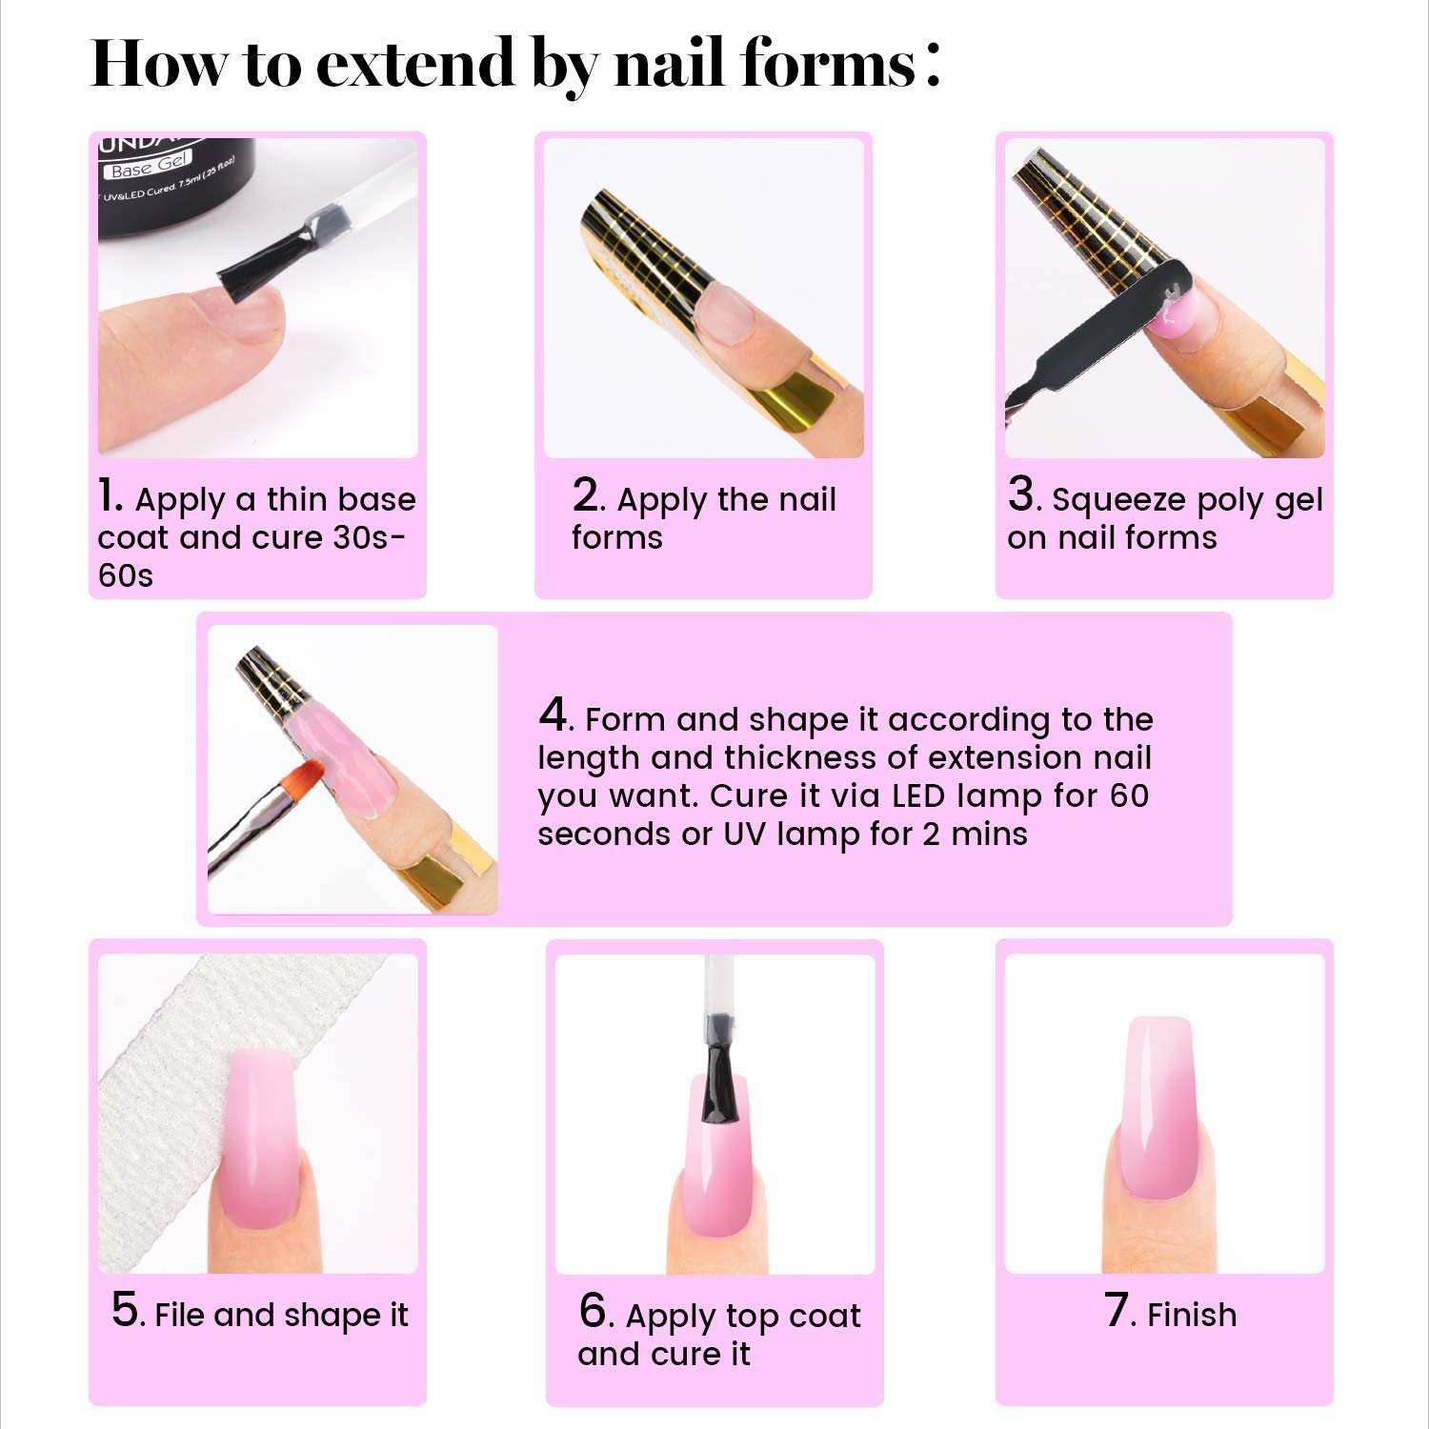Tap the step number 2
coord(587,496)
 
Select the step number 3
coord(1021,496)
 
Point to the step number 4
coord(553,715)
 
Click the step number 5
coord(126,1311)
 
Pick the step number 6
coord(594,1312)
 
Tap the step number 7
coord(1117,1311)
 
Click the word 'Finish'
coord(1192,1315)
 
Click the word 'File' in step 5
coord(178,1315)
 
